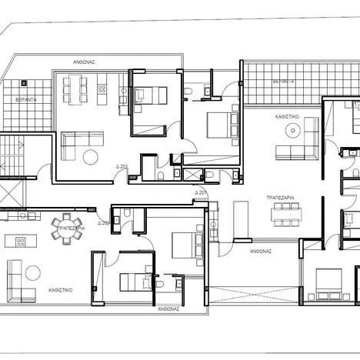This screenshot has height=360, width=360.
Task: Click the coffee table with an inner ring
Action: click(x=293, y=150)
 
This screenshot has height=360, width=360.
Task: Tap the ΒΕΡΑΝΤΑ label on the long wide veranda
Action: click(x=283, y=80)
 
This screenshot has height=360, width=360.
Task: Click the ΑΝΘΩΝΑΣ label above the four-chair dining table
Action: click(x=84, y=62)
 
